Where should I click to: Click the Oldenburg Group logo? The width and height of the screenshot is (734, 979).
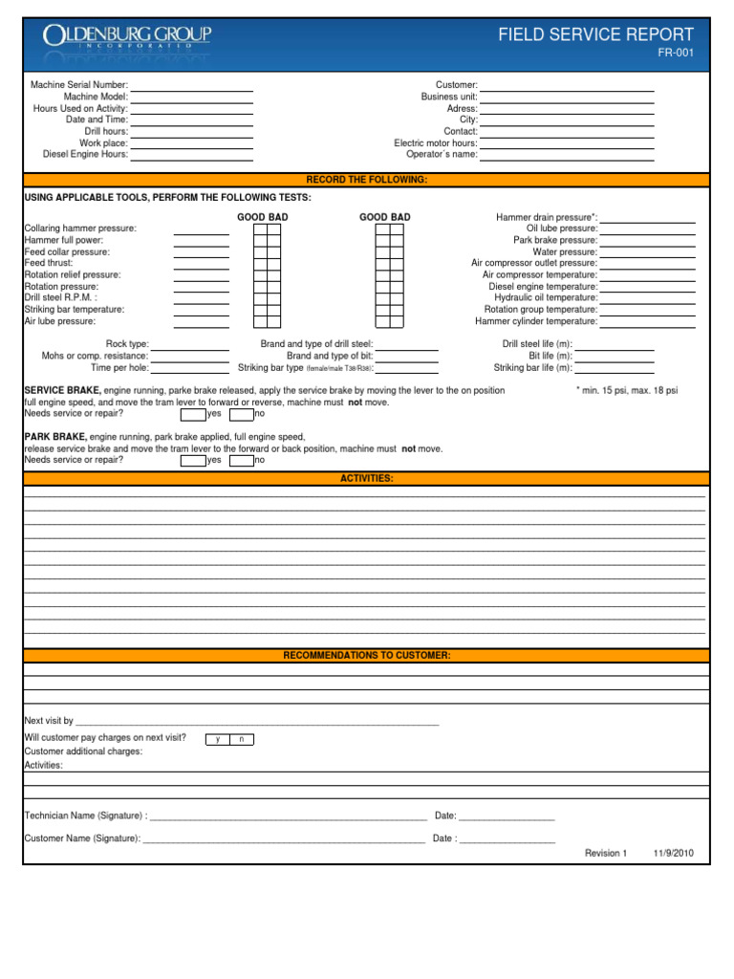click(126, 38)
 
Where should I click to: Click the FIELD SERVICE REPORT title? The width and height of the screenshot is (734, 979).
click(596, 35)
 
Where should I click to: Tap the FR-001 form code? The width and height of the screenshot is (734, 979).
click(676, 54)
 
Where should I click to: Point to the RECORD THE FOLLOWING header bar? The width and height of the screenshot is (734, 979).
click(366, 180)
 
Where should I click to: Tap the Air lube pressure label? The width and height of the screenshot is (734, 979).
click(59, 321)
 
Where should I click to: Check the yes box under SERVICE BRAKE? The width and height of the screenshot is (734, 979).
click(193, 414)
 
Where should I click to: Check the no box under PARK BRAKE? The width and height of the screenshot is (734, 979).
click(241, 460)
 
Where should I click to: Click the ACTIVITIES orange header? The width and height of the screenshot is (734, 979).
click(366, 478)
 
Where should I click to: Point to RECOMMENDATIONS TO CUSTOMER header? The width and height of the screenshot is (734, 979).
click(366, 656)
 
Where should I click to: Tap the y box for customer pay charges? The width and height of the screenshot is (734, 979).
click(219, 739)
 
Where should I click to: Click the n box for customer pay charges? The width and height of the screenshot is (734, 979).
click(242, 739)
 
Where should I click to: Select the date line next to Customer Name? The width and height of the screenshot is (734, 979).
click(507, 841)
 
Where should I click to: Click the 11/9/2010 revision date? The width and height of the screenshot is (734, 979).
click(674, 853)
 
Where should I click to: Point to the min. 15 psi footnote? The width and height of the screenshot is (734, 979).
click(627, 391)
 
